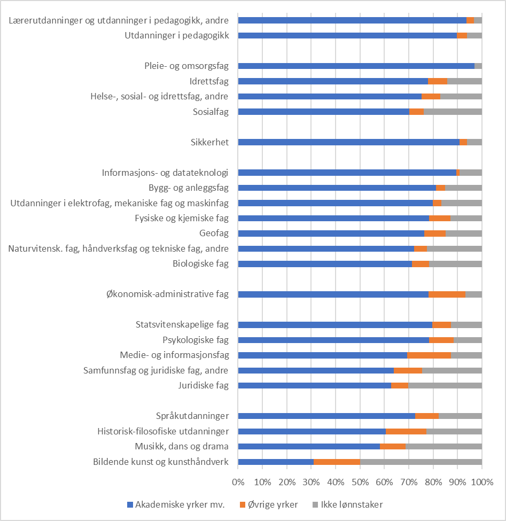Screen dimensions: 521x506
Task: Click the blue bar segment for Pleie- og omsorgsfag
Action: (x=356, y=66)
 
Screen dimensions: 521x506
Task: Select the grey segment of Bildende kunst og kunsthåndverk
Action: (x=421, y=462)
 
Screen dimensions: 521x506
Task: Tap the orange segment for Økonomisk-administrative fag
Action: (x=447, y=294)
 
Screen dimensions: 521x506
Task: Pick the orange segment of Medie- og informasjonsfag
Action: (x=429, y=355)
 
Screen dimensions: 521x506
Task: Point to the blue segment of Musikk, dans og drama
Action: (x=309, y=447)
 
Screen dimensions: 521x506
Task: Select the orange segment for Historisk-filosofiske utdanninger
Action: (x=406, y=431)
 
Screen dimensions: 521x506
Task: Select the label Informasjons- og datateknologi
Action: (x=165, y=173)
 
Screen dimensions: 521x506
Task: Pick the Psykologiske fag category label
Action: (x=196, y=340)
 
